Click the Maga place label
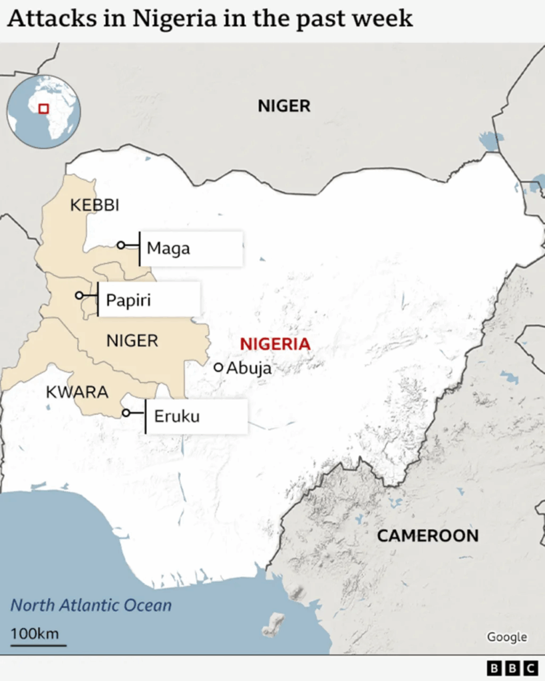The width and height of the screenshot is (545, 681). [168, 249]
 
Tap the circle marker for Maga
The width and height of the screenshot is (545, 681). [120, 245]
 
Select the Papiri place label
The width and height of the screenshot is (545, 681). [128, 301]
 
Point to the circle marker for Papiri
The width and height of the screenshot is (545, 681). [79, 295]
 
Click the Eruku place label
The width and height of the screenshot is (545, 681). [176, 417]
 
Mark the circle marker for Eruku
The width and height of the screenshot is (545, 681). [126, 413]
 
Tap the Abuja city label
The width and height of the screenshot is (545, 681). [249, 368]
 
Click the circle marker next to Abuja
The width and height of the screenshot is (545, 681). [218, 367]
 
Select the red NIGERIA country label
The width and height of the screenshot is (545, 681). [275, 344]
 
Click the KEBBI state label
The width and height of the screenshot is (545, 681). [94, 205]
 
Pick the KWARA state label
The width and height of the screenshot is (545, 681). [77, 392]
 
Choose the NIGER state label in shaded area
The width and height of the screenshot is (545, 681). [132, 341]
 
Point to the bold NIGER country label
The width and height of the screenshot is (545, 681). [284, 106]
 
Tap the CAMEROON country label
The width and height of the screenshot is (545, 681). [427, 535]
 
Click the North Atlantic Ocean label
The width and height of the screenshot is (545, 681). [91, 605]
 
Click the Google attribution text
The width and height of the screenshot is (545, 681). [506, 637]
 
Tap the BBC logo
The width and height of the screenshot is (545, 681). [512, 668]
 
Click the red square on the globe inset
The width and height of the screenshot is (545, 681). [44, 109]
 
